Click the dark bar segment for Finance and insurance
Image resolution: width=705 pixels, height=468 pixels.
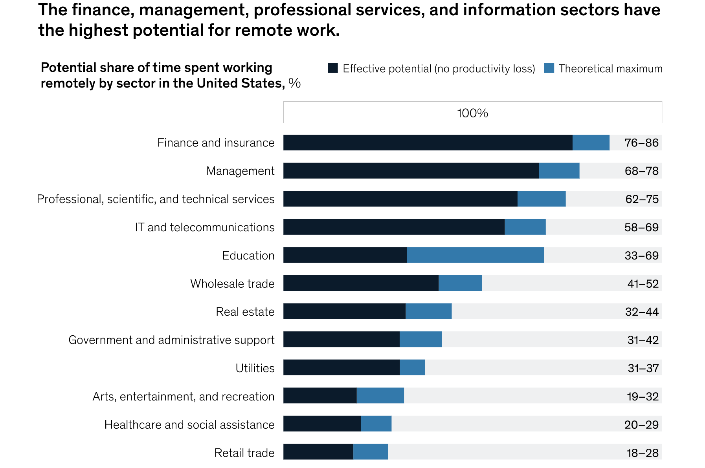[428, 143]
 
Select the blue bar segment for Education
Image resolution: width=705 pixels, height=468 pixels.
[475, 255]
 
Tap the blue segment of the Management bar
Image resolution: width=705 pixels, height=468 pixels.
[559, 171]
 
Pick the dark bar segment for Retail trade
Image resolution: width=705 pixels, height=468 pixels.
[318, 452]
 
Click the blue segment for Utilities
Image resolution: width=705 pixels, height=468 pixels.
[412, 367]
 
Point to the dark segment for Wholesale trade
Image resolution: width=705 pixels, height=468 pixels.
[361, 283]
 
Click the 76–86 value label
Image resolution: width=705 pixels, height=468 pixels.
[641, 143]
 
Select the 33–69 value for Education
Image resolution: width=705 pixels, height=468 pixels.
[641, 256]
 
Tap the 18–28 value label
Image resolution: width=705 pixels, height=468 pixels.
[643, 453]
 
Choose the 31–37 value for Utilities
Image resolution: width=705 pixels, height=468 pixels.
[643, 368]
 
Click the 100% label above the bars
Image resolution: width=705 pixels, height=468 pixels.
[472, 113]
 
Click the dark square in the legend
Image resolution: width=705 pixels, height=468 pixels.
[332, 68]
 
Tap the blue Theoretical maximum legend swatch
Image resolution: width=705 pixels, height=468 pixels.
[549, 68]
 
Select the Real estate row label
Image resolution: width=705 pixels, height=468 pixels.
[245, 312]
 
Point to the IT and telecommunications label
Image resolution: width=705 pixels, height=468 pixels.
[204, 227]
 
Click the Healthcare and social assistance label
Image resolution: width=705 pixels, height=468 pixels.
[189, 424]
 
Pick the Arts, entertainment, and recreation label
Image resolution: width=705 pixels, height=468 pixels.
[184, 397]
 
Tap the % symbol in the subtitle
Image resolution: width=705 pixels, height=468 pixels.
[294, 83]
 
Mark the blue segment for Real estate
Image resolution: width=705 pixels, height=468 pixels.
[428, 311]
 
